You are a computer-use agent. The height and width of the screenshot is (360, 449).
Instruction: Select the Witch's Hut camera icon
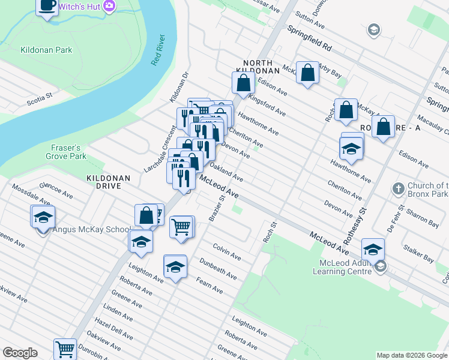(x=109, y=6)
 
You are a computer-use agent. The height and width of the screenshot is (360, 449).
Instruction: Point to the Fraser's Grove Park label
(x=66, y=152)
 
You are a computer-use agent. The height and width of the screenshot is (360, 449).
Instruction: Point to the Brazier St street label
(x=217, y=207)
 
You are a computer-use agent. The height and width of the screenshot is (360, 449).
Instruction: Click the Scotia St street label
(x=40, y=99)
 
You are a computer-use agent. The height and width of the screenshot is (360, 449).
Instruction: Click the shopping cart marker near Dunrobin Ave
(x=65, y=348)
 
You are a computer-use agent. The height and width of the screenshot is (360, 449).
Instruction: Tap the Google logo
(x=20, y=353)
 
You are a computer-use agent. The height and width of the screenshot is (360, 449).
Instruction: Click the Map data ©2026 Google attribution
(x=412, y=355)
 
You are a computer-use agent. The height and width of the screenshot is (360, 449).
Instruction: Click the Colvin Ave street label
(x=227, y=251)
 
